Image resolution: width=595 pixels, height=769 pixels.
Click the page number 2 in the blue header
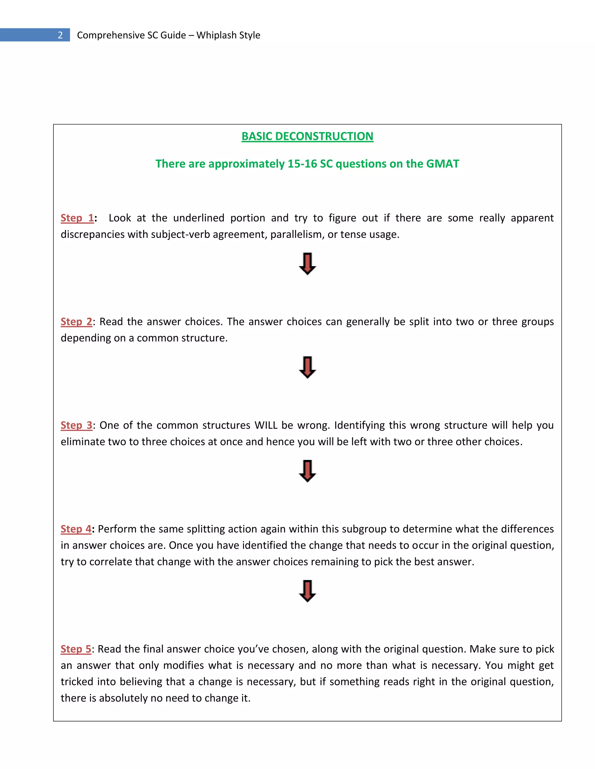(x=60, y=35)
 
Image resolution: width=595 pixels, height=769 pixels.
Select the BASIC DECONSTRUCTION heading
(x=307, y=136)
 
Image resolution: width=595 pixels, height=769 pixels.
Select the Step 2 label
(x=76, y=322)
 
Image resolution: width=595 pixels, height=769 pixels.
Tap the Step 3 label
(x=76, y=425)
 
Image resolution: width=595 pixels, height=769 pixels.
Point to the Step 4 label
(x=76, y=529)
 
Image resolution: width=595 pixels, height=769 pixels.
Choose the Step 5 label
(x=76, y=649)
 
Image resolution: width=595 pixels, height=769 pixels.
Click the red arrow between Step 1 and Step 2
(x=307, y=264)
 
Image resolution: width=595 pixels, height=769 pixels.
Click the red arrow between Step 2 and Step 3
(x=307, y=367)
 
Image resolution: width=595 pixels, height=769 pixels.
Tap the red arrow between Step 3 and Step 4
(x=307, y=471)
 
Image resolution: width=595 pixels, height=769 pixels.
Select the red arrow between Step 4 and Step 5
(x=307, y=591)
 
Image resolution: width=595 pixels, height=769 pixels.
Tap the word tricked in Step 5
(x=77, y=682)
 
